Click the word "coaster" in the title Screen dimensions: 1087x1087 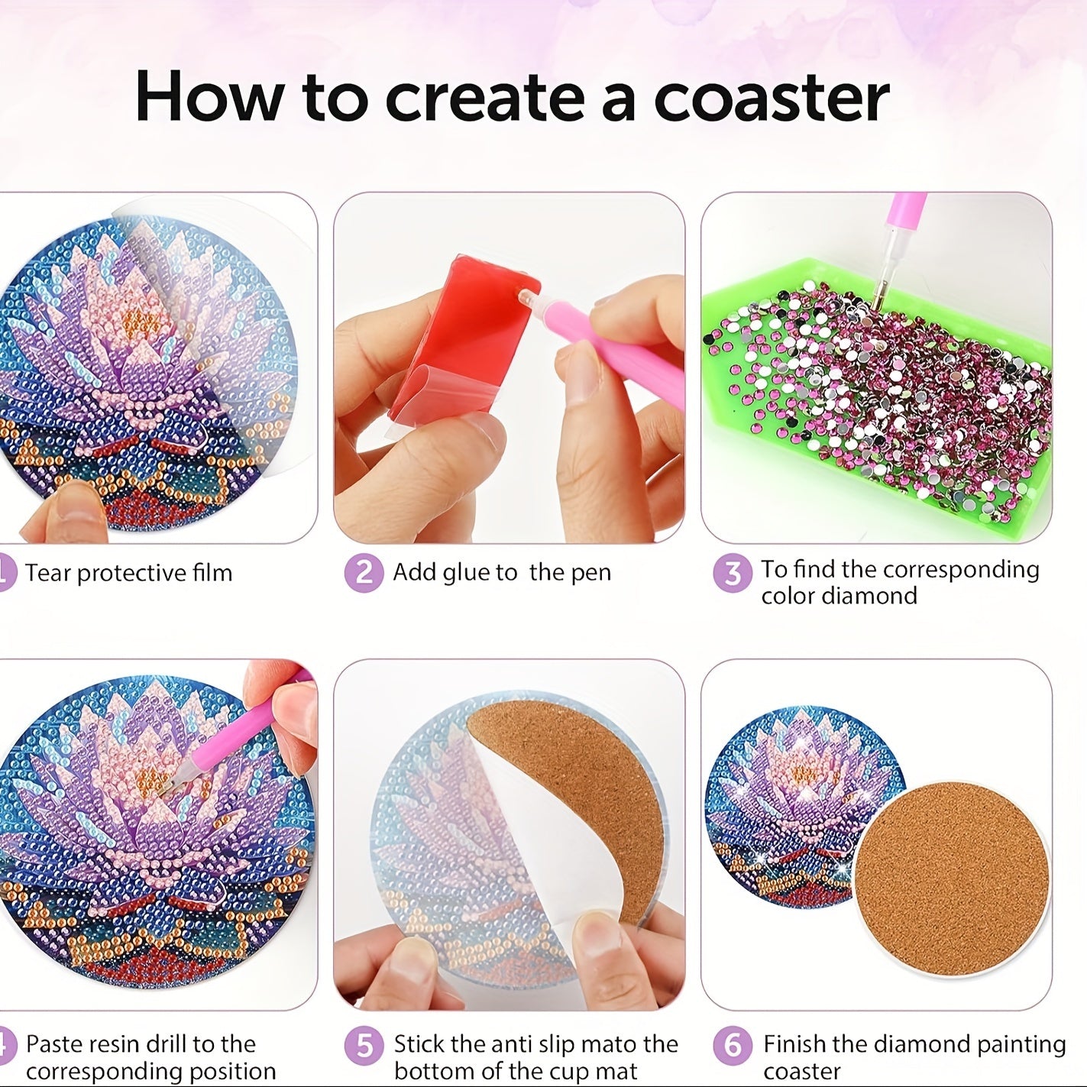(771, 98)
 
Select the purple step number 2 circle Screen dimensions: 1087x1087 (364, 573)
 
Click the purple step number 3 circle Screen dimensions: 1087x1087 (733, 573)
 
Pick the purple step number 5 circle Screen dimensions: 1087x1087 (364, 1045)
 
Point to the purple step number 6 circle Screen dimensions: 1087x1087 (733, 1045)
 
